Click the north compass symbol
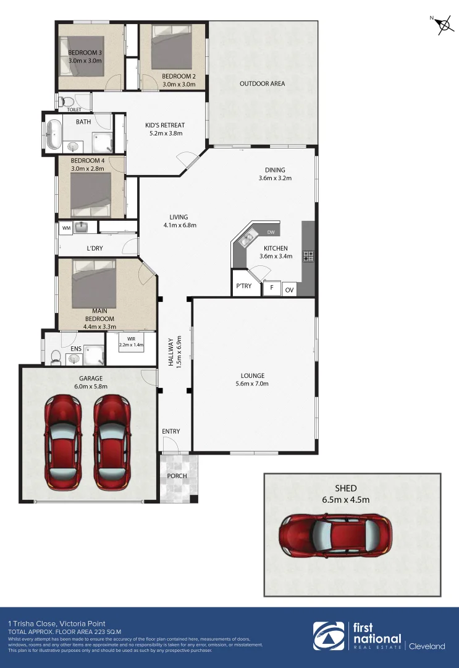click(442, 25)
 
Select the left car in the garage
click(62, 442)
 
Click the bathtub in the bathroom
click(54, 134)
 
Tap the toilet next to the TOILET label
click(67, 101)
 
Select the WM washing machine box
click(66, 228)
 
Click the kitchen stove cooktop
click(308, 255)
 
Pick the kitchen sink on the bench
click(250, 236)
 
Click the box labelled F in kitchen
click(272, 288)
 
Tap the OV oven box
click(289, 289)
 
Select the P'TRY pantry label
click(242, 286)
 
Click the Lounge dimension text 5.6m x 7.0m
click(253, 383)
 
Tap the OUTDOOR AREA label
click(262, 83)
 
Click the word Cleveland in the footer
click(427, 646)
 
